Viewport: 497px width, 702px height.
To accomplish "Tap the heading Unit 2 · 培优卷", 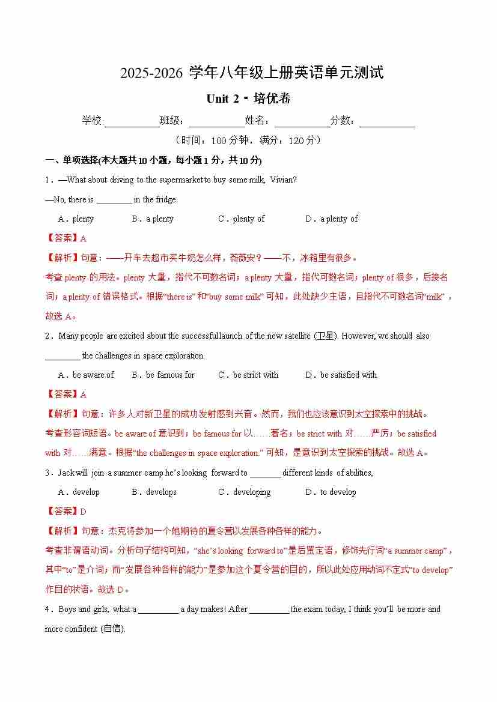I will (x=248, y=99).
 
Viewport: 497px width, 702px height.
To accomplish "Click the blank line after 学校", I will (x=132, y=122).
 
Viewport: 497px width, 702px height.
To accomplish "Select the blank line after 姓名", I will (x=302, y=122).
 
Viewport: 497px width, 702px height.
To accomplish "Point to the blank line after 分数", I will (x=387, y=122).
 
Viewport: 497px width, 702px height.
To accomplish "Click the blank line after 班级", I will (x=217, y=122).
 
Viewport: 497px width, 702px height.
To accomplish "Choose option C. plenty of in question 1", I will (x=241, y=219).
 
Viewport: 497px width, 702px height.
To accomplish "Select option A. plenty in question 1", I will (x=76, y=219).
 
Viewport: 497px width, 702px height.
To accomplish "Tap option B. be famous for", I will (x=163, y=375).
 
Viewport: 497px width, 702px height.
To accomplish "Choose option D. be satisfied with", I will (x=341, y=375).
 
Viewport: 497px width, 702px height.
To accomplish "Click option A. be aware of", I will (x=86, y=375).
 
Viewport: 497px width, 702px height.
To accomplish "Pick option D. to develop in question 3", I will (x=331, y=492).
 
